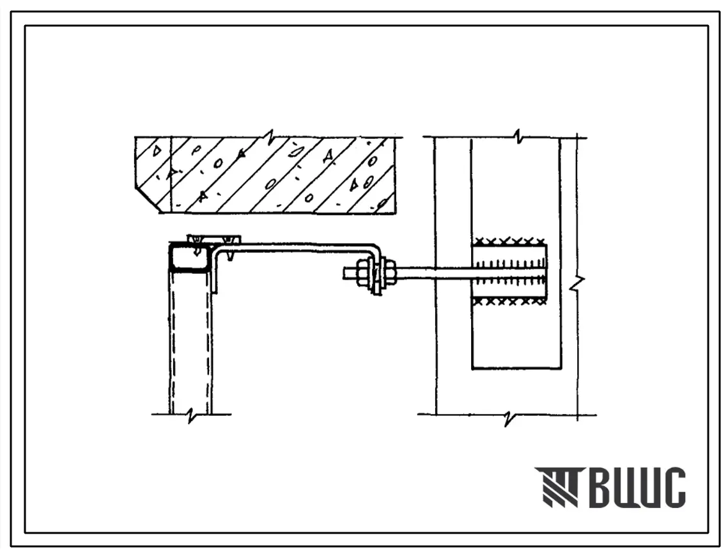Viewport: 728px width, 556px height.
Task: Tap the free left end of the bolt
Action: click(x=345, y=273)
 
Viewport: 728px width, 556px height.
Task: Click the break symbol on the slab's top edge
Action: click(x=269, y=137)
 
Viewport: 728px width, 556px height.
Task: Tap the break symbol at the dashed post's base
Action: click(x=190, y=415)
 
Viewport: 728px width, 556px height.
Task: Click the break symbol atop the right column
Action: click(x=520, y=137)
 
